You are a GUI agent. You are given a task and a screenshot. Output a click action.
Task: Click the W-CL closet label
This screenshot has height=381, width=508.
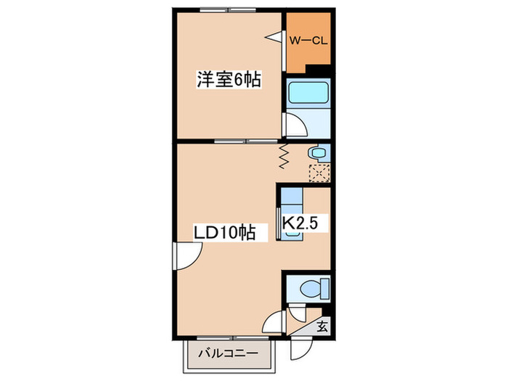308,41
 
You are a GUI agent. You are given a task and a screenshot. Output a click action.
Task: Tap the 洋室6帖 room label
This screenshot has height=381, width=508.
229,79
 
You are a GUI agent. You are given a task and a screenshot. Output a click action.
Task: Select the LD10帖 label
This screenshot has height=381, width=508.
225,232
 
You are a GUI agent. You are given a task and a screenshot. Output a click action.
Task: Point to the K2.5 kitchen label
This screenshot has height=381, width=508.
300,223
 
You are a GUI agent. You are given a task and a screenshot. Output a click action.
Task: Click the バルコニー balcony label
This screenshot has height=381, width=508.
229,353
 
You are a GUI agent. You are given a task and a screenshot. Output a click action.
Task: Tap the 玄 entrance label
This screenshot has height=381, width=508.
322,326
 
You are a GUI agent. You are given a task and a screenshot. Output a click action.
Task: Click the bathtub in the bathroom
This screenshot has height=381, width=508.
308,93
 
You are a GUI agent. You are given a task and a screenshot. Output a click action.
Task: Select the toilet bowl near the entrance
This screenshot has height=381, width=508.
314,288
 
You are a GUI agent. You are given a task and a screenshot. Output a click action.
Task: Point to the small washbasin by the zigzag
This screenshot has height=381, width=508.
318,152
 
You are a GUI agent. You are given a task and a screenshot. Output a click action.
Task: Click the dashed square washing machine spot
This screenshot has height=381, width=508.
319,173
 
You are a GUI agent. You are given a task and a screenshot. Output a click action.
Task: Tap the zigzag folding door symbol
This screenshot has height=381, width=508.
284,157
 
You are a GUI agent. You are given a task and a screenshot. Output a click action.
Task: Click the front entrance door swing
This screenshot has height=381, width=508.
302,348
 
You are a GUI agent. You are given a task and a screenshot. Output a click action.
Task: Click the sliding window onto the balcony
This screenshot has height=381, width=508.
233,338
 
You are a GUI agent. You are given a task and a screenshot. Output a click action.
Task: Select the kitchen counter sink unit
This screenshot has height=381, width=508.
292,214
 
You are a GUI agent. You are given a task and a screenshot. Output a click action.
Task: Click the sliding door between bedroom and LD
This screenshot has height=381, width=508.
246,142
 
